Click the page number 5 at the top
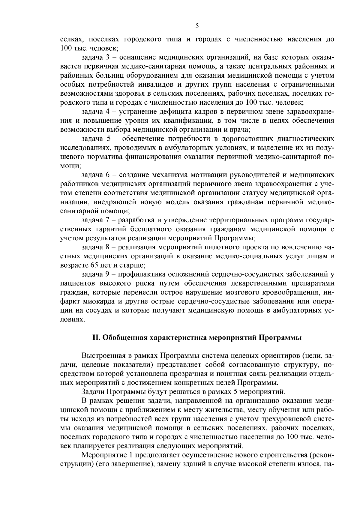pyautogui.click(x=197, y=26)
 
